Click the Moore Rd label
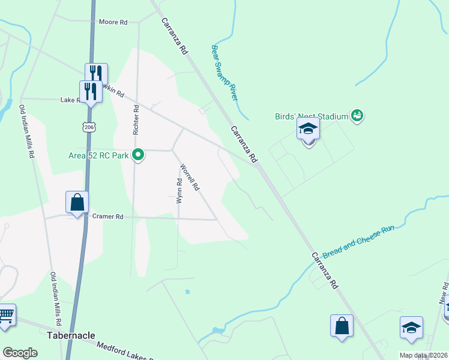pos(113,22)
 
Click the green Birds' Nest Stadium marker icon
pos(357,115)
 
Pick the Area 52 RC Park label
pos(98,156)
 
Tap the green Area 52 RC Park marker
pos(139,155)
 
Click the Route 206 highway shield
pos(89,127)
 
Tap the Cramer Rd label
pos(107,217)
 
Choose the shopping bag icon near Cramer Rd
pos(77,203)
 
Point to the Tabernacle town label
pos(71,335)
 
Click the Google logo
pos(20,353)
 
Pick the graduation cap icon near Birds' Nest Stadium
pos(309,129)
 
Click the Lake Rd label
pos(71,100)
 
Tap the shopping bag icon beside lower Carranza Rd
pos(342,326)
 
